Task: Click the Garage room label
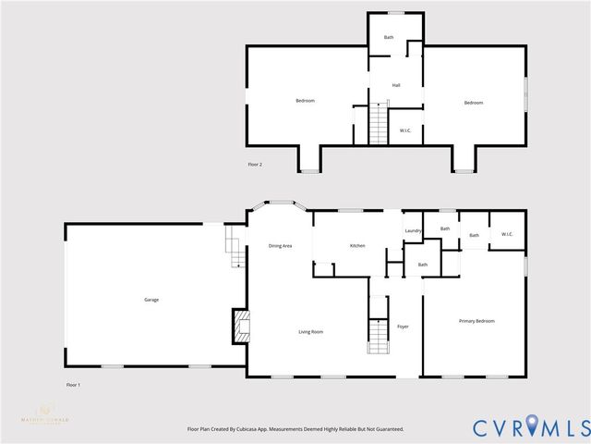(x=151, y=300)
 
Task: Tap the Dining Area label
(x=280, y=245)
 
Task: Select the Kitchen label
(x=357, y=245)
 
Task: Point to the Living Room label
(x=309, y=332)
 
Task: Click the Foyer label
(x=403, y=327)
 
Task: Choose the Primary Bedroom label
(x=476, y=321)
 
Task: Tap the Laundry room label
(x=413, y=230)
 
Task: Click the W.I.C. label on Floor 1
(x=507, y=234)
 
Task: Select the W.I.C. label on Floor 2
(x=404, y=130)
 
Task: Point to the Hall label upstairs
(x=395, y=85)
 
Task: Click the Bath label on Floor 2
(x=389, y=37)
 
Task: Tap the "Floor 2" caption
(x=255, y=165)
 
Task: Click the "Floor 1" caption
(x=73, y=384)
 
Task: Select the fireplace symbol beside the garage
(x=241, y=326)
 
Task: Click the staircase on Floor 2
(x=378, y=124)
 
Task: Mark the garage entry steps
(x=235, y=247)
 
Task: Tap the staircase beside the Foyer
(x=378, y=335)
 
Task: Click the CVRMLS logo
(x=529, y=426)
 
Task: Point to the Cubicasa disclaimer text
(x=295, y=429)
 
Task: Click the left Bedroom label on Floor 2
(x=305, y=100)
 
